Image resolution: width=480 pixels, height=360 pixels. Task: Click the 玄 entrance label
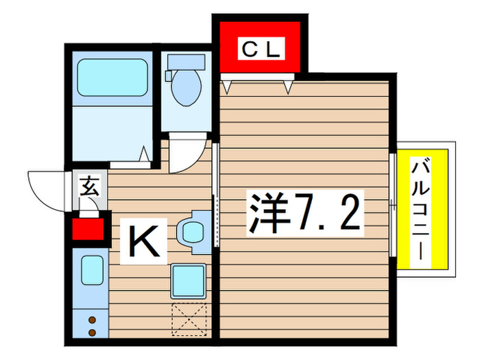coord(90,185)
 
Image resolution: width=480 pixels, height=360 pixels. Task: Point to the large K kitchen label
coord(145,241)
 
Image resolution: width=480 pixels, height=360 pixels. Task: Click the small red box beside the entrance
coord(88,229)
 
